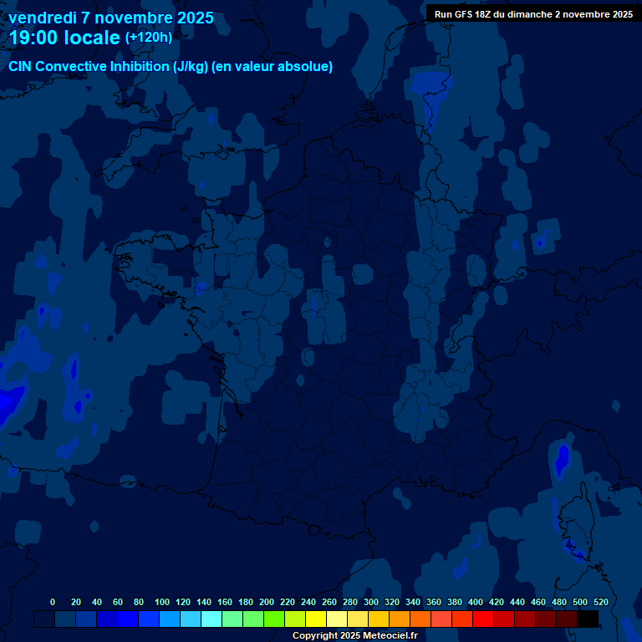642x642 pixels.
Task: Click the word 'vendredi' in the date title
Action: coord(43,18)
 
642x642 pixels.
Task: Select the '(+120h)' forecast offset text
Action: coord(148,37)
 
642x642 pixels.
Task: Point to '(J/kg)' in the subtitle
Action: coord(191,67)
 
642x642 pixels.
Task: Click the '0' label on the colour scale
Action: coord(53,602)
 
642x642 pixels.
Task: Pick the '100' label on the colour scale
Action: coord(162,602)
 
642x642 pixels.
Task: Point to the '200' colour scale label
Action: coord(267,602)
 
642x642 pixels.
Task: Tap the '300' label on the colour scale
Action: coord(371,602)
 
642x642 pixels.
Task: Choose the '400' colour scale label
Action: coord(476,602)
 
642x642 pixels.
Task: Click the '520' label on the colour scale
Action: coord(600,602)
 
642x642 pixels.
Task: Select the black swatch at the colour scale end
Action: coord(588,619)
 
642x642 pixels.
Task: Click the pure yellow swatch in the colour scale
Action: coord(316,619)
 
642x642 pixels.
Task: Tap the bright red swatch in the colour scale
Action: coord(483,619)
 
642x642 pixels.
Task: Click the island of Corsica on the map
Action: coord(575,522)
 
